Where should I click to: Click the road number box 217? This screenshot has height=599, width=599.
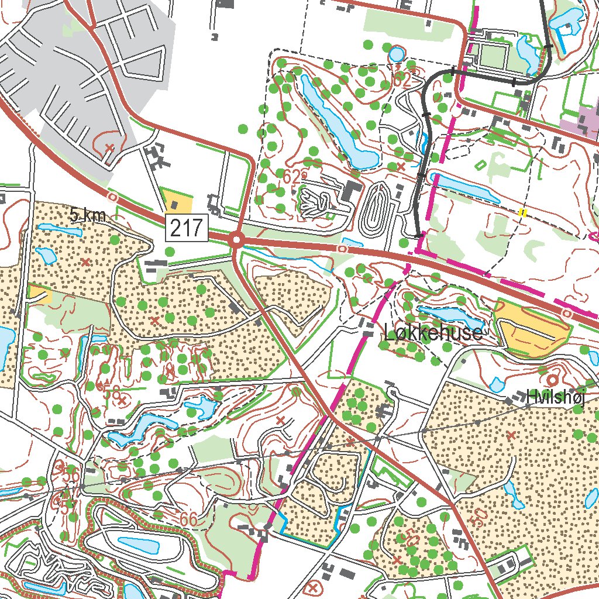point(188,227)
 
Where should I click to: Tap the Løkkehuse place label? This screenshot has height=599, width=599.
point(433,333)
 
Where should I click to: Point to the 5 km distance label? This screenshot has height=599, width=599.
point(88,215)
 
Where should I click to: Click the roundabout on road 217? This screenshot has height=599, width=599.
point(237,240)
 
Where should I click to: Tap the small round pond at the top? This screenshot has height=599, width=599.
point(396,54)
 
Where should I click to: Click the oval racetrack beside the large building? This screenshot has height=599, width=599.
point(377,208)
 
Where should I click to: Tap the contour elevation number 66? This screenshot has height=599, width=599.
point(188,518)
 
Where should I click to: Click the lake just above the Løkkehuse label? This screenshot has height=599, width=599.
point(451,316)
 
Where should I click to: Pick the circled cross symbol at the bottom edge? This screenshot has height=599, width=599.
point(314,587)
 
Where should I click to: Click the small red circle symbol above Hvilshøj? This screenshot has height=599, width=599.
point(552,380)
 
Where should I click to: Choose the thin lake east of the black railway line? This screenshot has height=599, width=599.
point(466,187)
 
